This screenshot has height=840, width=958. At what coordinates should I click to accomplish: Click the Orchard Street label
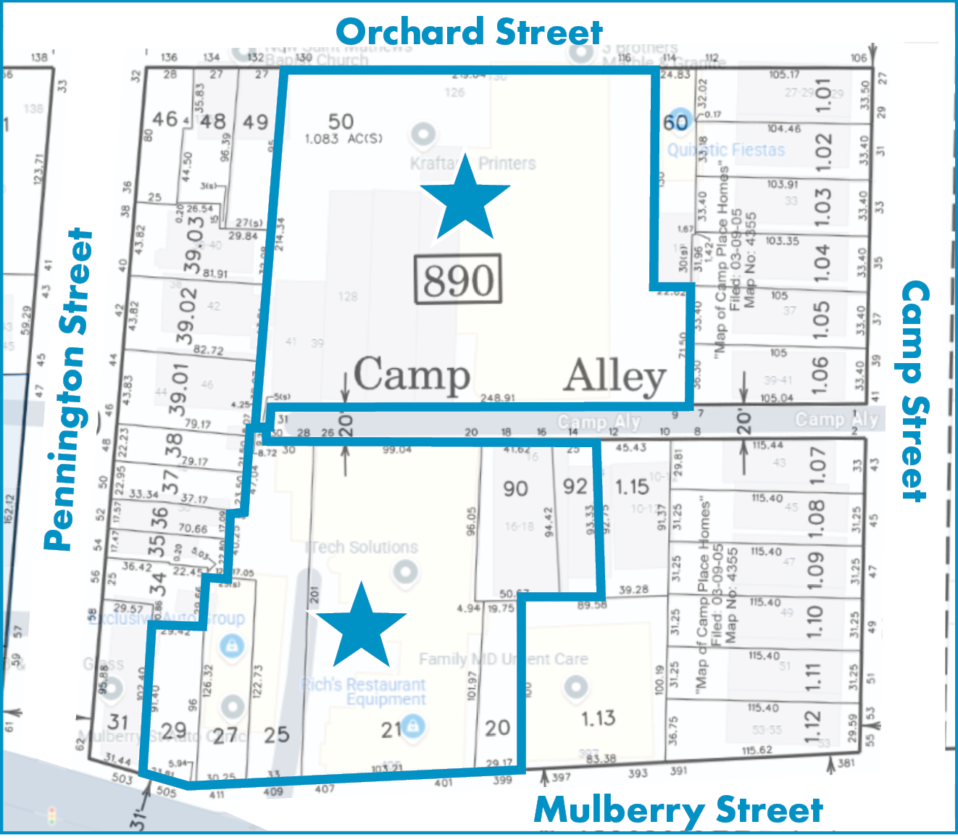pos(469,33)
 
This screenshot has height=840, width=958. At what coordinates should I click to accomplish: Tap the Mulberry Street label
pos(678,810)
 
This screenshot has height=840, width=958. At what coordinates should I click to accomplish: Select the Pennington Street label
pos(69,390)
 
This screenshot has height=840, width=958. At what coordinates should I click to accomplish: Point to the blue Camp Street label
pos(915,391)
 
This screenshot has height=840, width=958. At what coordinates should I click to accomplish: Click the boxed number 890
pos(458,279)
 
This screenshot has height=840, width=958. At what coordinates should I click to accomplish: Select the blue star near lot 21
pos(360,628)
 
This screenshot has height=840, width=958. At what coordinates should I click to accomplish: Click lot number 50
pos(341,121)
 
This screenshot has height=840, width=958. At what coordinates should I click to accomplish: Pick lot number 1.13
pos(598,718)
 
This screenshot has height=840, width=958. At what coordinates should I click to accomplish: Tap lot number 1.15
pos(632,487)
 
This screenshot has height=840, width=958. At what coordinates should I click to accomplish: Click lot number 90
pos(515,488)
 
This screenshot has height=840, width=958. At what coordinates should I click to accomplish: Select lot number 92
pos(575,486)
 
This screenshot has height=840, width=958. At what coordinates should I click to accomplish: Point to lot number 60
pos(675,122)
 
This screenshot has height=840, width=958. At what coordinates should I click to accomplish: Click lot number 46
pos(164,118)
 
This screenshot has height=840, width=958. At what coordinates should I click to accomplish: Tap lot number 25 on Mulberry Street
pos(276,735)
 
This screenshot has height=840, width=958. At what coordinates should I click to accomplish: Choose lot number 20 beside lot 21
pos(497,728)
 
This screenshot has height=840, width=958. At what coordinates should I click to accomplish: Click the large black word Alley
pos(615,377)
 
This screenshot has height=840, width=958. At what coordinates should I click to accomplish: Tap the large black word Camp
pos(412,375)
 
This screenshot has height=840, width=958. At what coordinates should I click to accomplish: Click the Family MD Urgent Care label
pos(503,659)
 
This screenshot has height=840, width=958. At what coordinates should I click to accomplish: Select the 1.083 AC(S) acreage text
pos(343,138)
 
